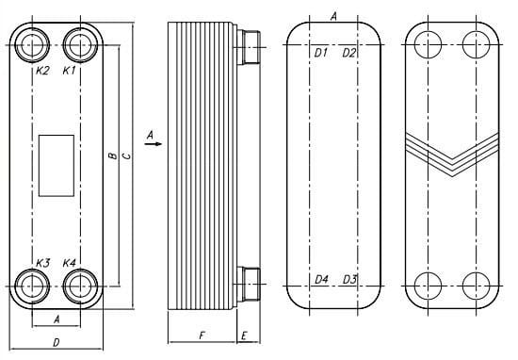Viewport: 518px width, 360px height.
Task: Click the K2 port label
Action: click(42, 71)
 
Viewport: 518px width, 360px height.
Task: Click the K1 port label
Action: click(70, 71)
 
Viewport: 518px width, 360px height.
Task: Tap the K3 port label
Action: click(42, 263)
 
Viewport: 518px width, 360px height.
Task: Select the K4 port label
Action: click(70, 263)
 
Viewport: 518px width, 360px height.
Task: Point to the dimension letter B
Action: click(113, 155)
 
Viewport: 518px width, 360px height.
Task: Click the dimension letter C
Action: click(126, 155)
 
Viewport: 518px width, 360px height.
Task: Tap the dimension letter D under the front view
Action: click(57, 342)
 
